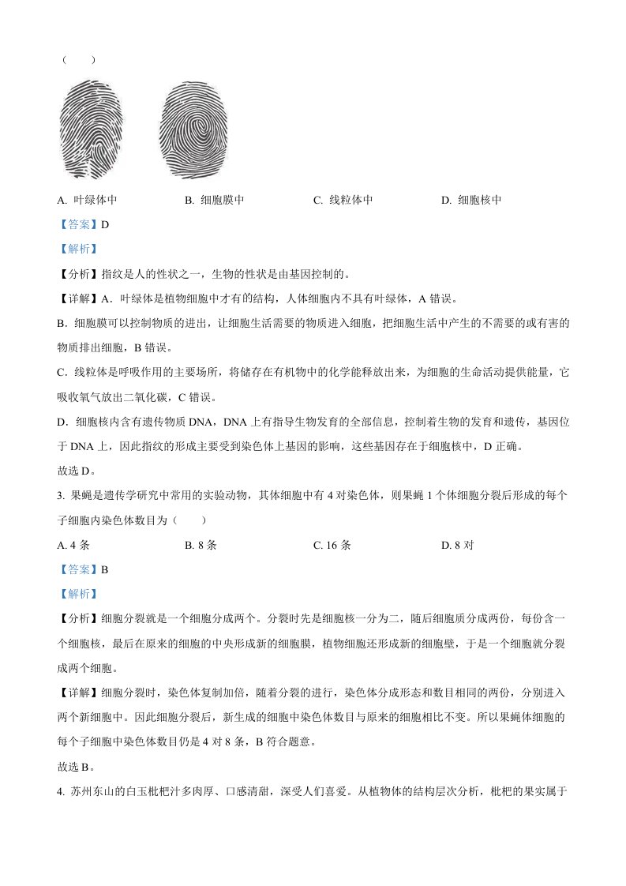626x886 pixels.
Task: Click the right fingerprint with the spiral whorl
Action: click(x=193, y=130)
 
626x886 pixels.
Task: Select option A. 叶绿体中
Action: click(x=88, y=201)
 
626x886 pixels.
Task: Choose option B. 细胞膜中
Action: click(x=214, y=201)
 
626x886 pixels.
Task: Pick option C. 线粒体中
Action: click(x=343, y=201)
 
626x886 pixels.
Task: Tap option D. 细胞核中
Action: click(x=471, y=201)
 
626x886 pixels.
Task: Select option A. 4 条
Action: click(x=73, y=545)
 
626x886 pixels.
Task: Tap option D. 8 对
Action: click(x=457, y=545)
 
